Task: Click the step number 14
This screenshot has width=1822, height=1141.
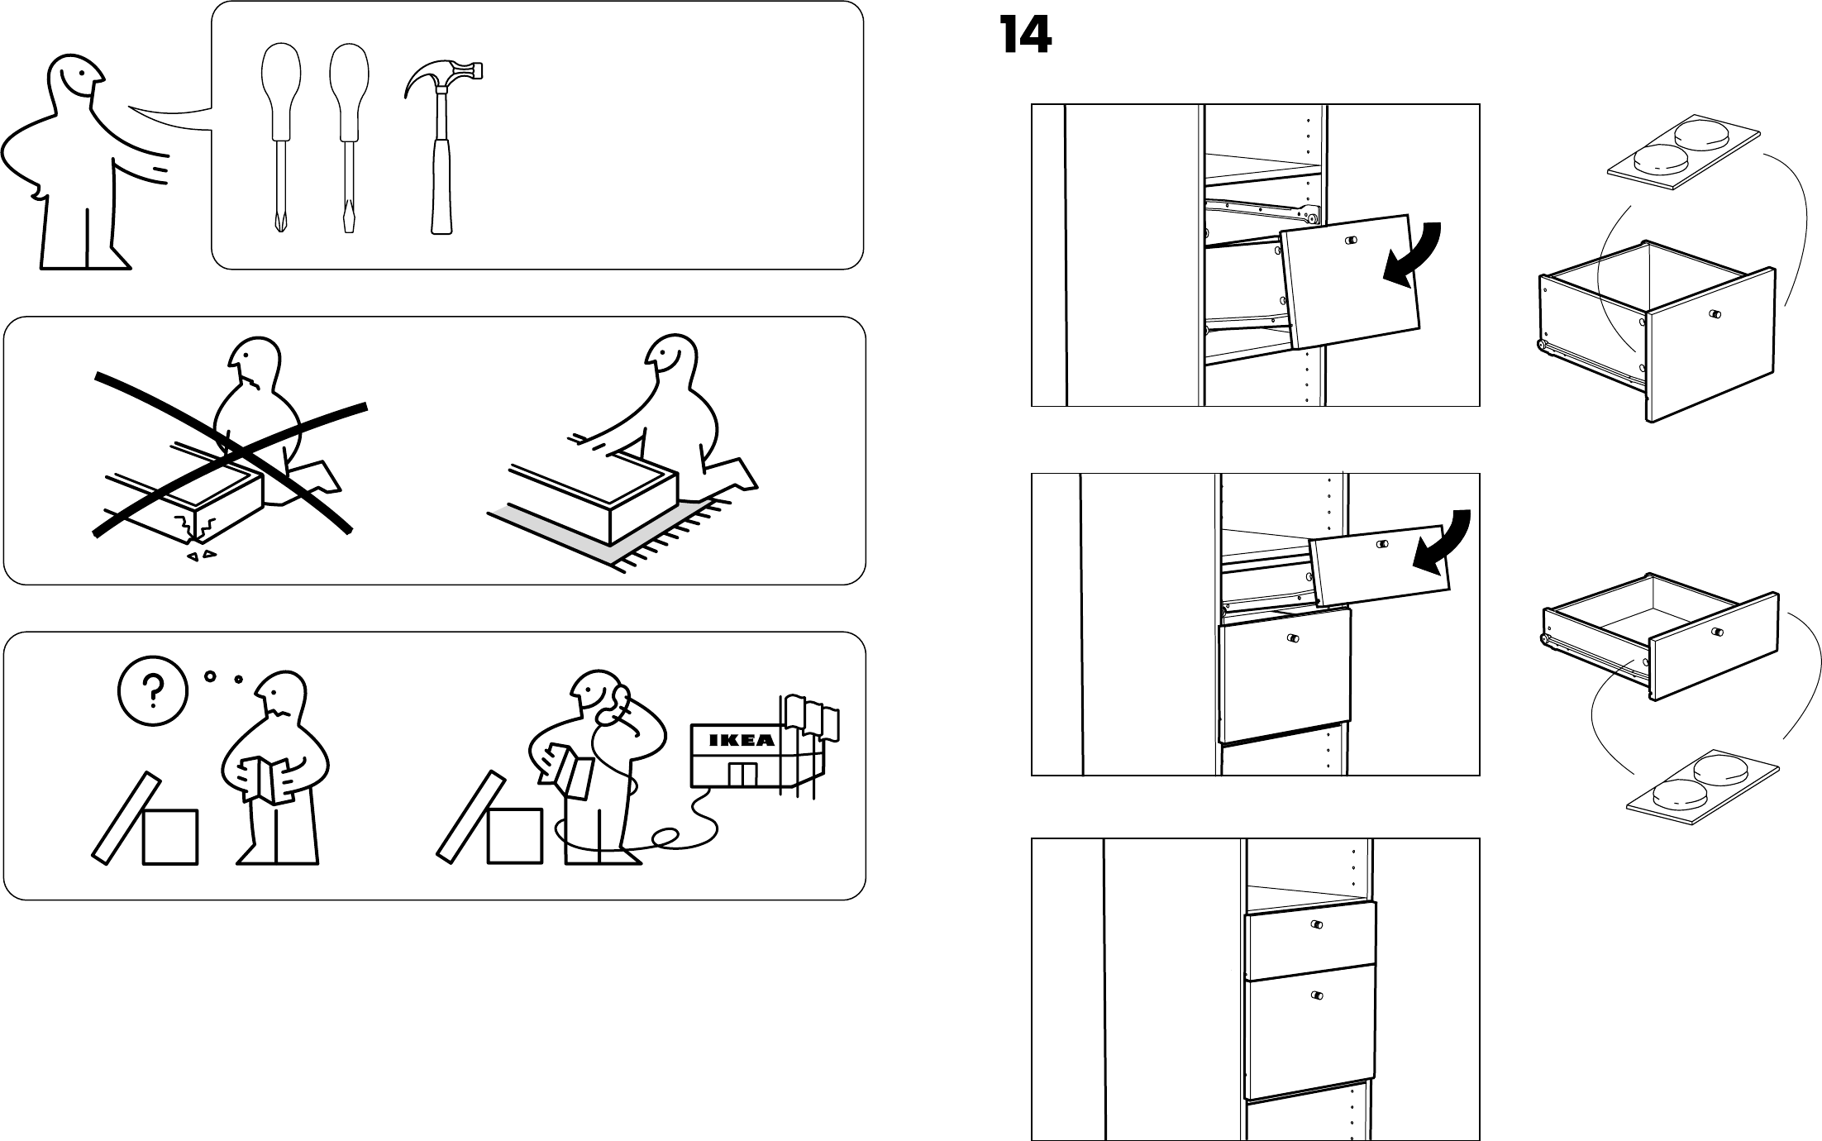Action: pyautogui.click(x=1025, y=36)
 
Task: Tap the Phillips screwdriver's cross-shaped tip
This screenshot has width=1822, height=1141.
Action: pyautogui.click(x=279, y=222)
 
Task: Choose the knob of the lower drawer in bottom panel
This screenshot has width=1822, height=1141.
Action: pyautogui.click(x=1317, y=995)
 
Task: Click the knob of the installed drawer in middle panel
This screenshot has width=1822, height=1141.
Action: pyautogui.click(x=1293, y=639)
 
